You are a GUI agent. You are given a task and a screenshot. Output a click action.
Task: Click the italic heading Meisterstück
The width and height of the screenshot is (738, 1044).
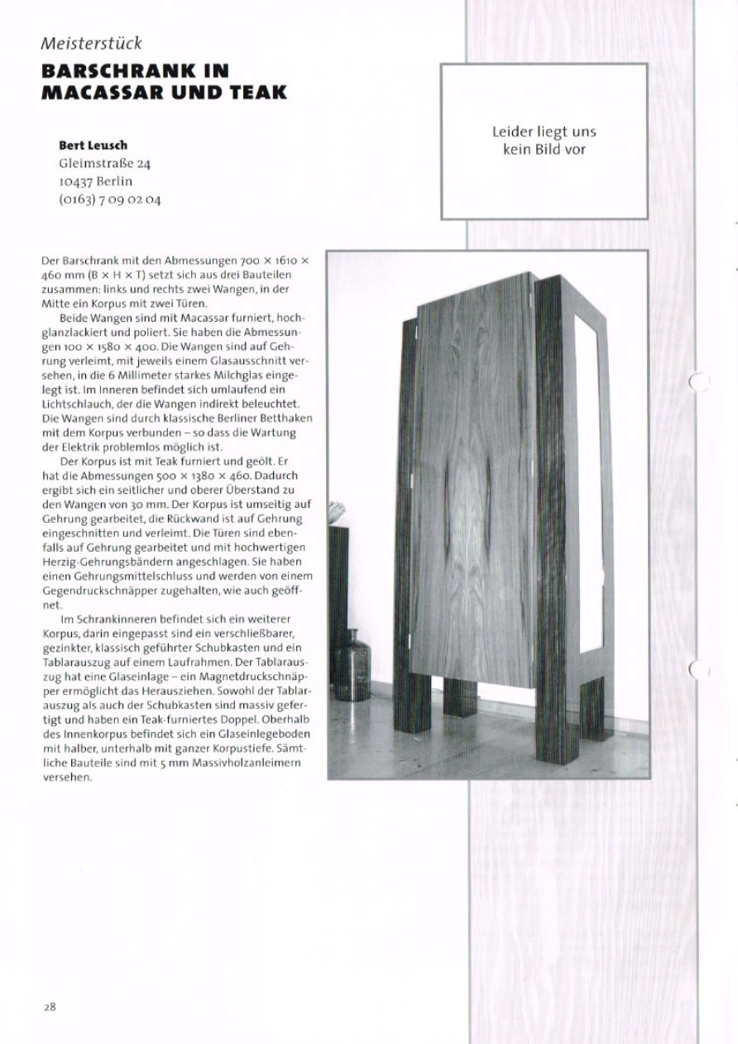[92, 43]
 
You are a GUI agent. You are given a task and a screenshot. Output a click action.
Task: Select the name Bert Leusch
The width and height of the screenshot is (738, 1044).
[93, 146]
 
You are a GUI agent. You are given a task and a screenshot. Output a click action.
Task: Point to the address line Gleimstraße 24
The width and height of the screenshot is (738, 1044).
[104, 163]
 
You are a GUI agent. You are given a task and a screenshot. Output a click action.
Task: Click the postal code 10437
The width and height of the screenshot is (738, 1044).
[75, 181]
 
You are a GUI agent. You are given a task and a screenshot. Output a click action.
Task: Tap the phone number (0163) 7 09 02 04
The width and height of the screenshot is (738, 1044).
[110, 199]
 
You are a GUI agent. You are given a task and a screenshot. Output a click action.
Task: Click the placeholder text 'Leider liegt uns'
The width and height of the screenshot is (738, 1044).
[544, 132]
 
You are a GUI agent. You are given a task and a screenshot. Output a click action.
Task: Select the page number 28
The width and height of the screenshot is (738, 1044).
[50, 1007]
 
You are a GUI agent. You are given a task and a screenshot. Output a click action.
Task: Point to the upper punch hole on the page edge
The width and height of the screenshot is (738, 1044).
[700, 381]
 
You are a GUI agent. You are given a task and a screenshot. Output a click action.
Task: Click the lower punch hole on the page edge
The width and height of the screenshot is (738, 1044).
[700, 668]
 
